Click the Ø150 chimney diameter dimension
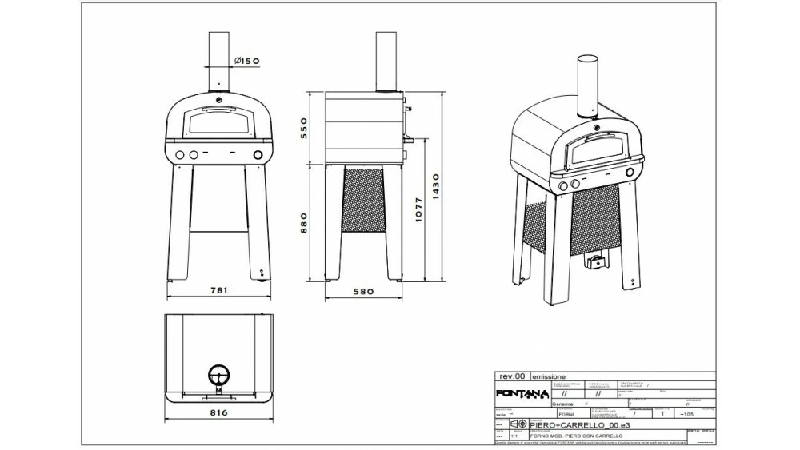247,61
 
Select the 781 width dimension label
218,292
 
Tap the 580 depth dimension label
363,292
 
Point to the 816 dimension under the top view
218,413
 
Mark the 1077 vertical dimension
418,209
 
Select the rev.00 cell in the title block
512,376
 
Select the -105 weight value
686,415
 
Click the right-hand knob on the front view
258,154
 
